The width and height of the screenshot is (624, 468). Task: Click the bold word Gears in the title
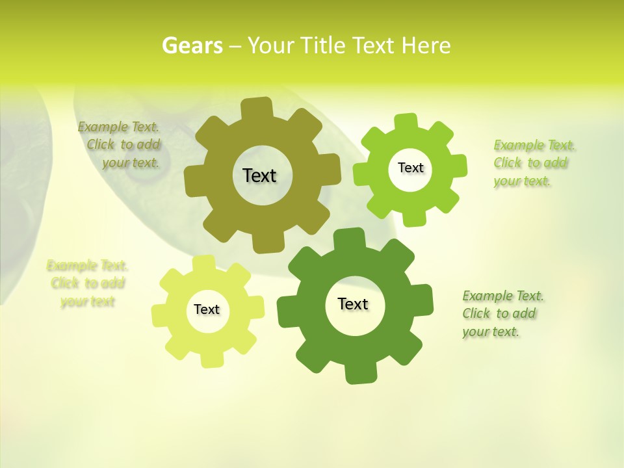point(192,45)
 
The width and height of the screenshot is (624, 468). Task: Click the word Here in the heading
point(426,45)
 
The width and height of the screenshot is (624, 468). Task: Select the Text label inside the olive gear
point(259,175)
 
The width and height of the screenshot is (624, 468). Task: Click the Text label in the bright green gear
point(410,168)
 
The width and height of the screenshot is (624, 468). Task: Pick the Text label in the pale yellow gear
point(207,309)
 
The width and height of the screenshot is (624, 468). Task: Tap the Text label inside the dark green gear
point(353,304)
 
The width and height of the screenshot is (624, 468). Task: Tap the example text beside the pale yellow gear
point(88,283)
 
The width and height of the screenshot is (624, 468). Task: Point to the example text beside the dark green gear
point(502,314)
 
